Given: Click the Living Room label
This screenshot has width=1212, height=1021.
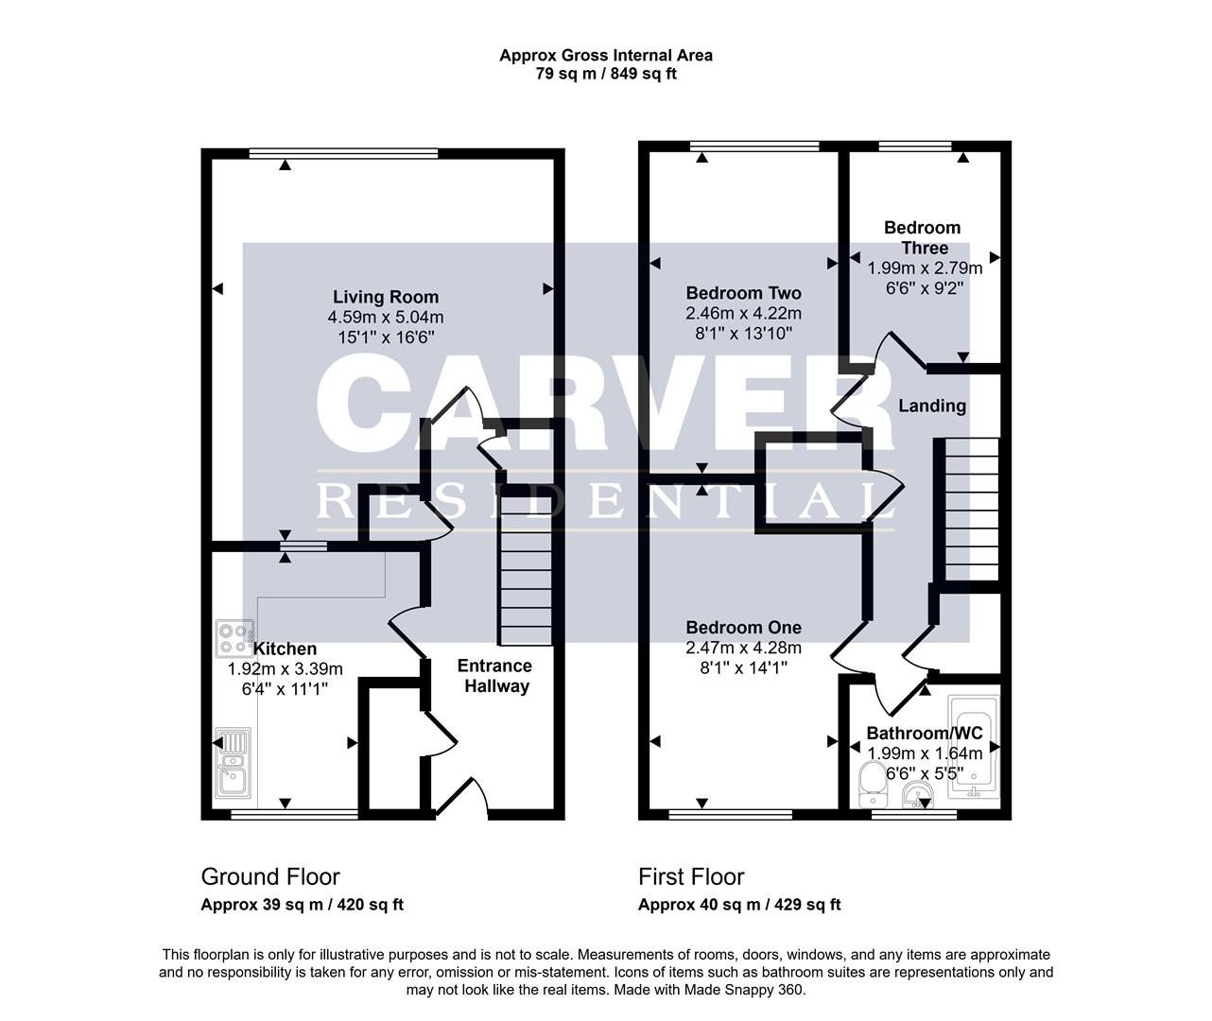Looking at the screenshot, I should click(385, 297).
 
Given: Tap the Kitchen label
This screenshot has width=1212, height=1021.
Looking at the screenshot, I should click(285, 649).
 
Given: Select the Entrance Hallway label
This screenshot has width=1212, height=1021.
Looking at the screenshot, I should click(495, 676).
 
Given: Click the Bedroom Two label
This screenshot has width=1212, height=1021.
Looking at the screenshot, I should click(743, 293).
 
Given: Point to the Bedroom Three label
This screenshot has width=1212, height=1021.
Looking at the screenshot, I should click(922, 237).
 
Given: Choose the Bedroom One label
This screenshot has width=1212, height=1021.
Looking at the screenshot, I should click(743, 628).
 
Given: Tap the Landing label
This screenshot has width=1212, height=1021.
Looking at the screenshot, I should click(931, 406).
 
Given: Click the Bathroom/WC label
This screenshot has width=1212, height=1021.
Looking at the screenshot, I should click(924, 733).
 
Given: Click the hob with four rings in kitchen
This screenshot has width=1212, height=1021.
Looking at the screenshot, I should click(234, 637).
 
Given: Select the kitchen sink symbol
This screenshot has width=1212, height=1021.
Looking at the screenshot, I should click(232, 763).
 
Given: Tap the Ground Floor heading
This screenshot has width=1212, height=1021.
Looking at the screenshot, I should click(270, 876).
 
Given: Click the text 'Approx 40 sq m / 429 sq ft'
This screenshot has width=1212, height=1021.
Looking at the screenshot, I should click(738, 905).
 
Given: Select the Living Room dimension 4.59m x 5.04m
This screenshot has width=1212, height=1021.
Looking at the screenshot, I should click(385, 317).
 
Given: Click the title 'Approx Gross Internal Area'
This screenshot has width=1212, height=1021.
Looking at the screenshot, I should click(606, 55).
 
